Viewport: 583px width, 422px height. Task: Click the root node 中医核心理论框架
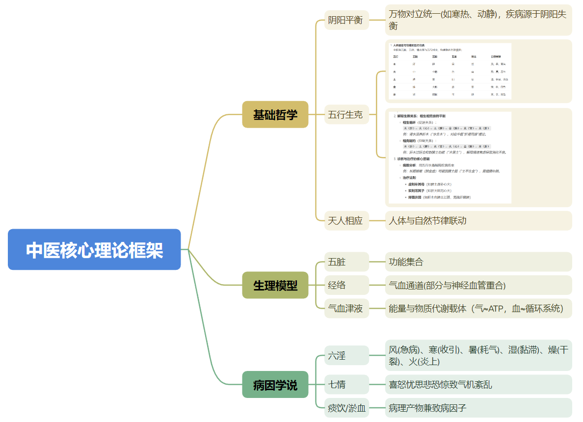tap(94, 249)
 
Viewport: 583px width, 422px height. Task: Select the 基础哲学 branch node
tap(275, 114)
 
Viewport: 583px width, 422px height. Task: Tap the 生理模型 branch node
tap(275, 285)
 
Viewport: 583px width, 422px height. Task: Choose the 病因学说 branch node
tap(275, 385)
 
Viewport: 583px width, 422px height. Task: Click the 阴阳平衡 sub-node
tap(346, 20)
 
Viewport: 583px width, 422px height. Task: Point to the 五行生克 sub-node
tap(346, 114)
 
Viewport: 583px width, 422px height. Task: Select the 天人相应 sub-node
tap(346, 220)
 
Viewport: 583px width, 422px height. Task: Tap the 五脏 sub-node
tap(346, 262)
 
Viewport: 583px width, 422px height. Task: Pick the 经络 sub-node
tap(346, 285)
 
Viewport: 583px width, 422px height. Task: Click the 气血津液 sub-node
tap(346, 308)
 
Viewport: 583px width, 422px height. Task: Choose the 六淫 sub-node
tap(346, 355)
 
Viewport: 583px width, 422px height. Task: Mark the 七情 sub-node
tap(346, 384)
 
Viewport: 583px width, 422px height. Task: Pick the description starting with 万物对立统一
tap(478, 20)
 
